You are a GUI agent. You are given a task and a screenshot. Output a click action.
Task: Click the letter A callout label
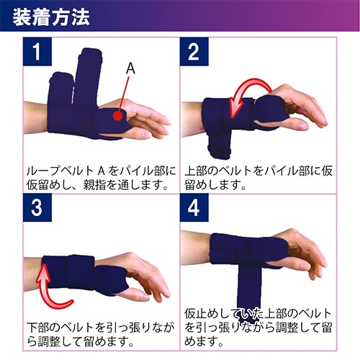(130, 68)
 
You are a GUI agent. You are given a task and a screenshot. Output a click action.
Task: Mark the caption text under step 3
(97, 333)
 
